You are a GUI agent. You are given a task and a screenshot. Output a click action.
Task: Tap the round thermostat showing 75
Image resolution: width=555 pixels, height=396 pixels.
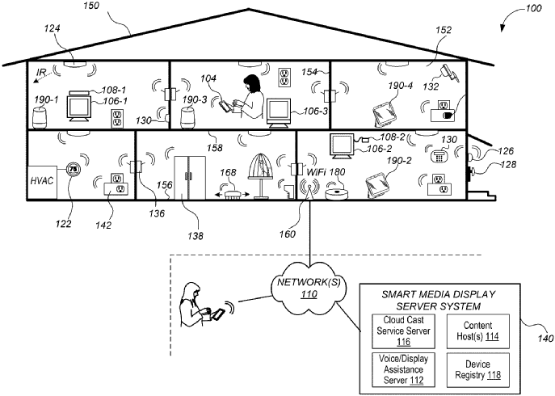click(74, 171)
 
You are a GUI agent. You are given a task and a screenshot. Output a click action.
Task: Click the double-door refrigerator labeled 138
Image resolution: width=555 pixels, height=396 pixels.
click(191, 174)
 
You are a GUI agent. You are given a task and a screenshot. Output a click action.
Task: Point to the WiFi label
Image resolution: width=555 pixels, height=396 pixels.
click(317, 172)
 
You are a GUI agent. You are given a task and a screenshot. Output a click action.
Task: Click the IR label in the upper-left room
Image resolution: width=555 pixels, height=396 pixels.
click(41, 72)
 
